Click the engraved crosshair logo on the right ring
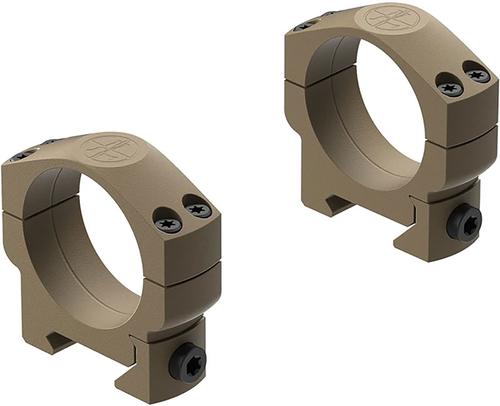pos(389,18)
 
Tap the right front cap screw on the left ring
pos(198,210)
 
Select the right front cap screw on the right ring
pos(478,75)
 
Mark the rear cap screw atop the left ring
pos(21,155)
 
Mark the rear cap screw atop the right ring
pos(306,24)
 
